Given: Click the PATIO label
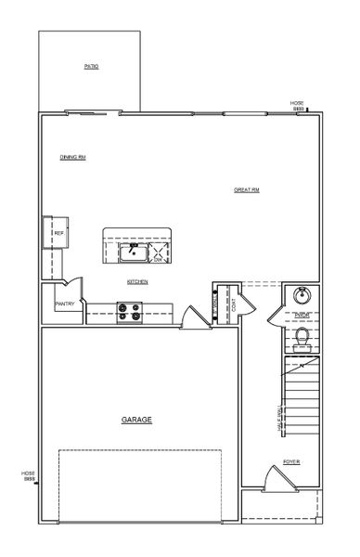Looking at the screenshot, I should (91, 67).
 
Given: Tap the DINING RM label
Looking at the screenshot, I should (73, 157).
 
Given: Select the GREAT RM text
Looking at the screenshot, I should (246, 189).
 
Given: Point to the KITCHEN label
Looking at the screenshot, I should (137, 281).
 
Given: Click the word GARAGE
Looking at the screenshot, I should (136, 420).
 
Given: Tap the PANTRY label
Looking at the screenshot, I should (64, 304).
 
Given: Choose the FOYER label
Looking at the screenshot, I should (291, 461).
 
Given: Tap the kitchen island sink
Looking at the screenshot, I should (132, 252).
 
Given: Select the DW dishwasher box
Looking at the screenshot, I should (160, 252).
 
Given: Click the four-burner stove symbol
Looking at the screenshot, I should (129, 314).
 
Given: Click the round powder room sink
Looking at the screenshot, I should (301, 297).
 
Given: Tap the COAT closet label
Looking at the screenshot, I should (233, 304).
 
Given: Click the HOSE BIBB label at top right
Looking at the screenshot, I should (299, 106).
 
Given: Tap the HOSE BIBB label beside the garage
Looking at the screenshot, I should (28, 475).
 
